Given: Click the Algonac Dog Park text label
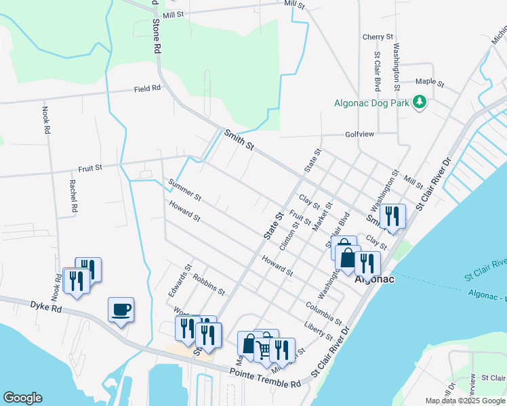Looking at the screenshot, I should (372, 104).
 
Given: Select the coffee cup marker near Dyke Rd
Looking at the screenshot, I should (121, 310).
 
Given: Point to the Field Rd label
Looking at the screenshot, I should (147, 89).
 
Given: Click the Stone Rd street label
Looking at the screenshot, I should (157, 36).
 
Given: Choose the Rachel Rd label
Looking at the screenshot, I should (73, 196).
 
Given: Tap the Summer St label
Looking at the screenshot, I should (185, 189).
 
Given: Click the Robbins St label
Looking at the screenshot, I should (209, 285).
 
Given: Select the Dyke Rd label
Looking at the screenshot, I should (46, 306).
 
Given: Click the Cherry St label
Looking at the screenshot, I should (378, 37).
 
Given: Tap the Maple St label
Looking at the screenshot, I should (429, 83).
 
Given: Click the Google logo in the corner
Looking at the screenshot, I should (22, 398).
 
